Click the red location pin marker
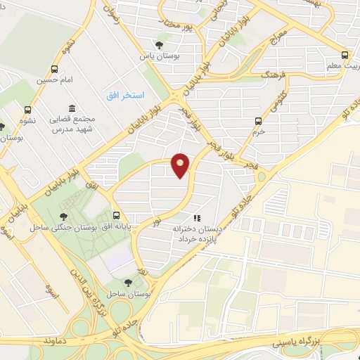pos(181,166)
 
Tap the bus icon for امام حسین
pos(55,69)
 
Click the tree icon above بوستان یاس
pos(159,45)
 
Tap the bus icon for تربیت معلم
pos(344,55)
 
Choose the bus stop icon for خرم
pos(259,120)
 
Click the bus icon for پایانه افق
pos(116,216)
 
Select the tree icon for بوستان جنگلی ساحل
pos(64,217)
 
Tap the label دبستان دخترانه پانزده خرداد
pos(198,234)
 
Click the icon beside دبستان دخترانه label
pos(198,219)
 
